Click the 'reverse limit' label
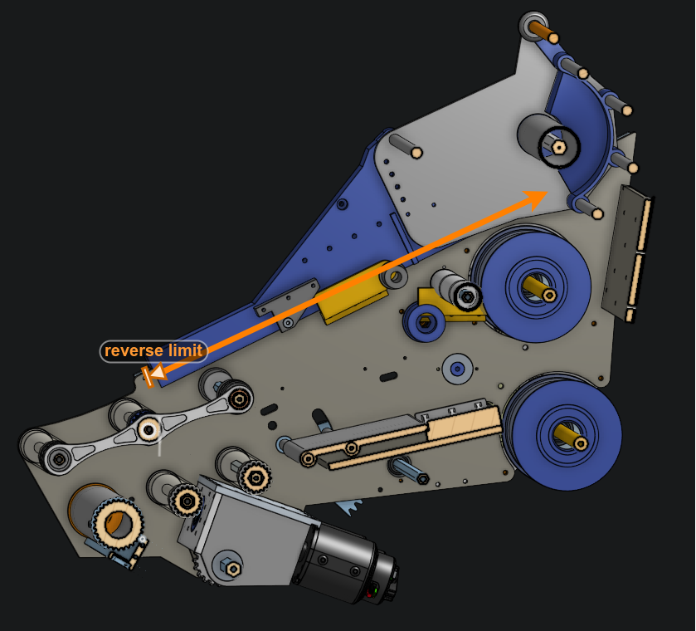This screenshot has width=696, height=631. coord(153,351)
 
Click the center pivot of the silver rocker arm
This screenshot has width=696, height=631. coord(148,429)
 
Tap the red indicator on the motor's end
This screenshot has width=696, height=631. coord(372,590)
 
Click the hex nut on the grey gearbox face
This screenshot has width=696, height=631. coord(231,568)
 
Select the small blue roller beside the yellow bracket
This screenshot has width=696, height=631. coord(426,320)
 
